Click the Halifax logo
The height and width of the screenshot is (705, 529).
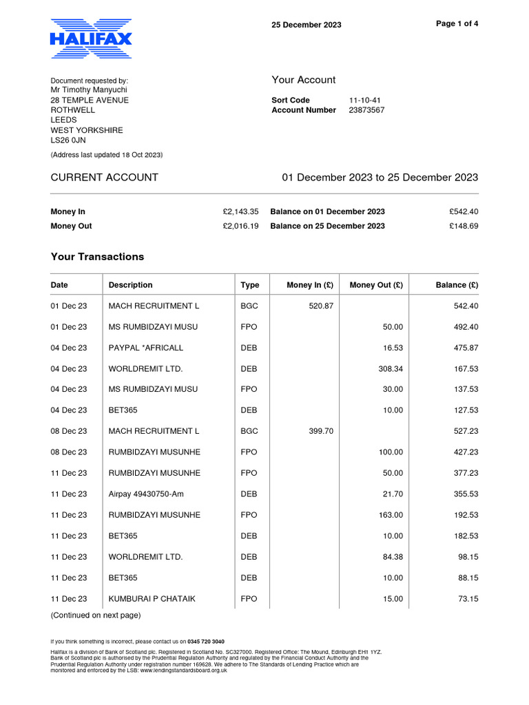tap(91, 39)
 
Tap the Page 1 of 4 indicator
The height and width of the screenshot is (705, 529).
tap(457, 23)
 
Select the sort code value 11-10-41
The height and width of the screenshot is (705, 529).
tap(365, 100)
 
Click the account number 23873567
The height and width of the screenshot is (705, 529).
tap(366, 110)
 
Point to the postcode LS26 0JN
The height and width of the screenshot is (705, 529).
tap(68, 140)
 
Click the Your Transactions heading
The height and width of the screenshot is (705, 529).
tap(97, 257)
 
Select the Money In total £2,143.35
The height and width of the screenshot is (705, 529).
tap(236, 212)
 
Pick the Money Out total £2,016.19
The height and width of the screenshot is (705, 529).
tap(236, 226)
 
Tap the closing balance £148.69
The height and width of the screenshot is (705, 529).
tap(464, 226)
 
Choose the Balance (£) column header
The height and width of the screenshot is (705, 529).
tap(457, 285)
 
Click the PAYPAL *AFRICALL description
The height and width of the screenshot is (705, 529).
tap(146, 348)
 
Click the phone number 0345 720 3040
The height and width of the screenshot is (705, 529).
tap(206, 641)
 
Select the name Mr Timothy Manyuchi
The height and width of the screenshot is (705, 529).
tap(89, 90)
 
